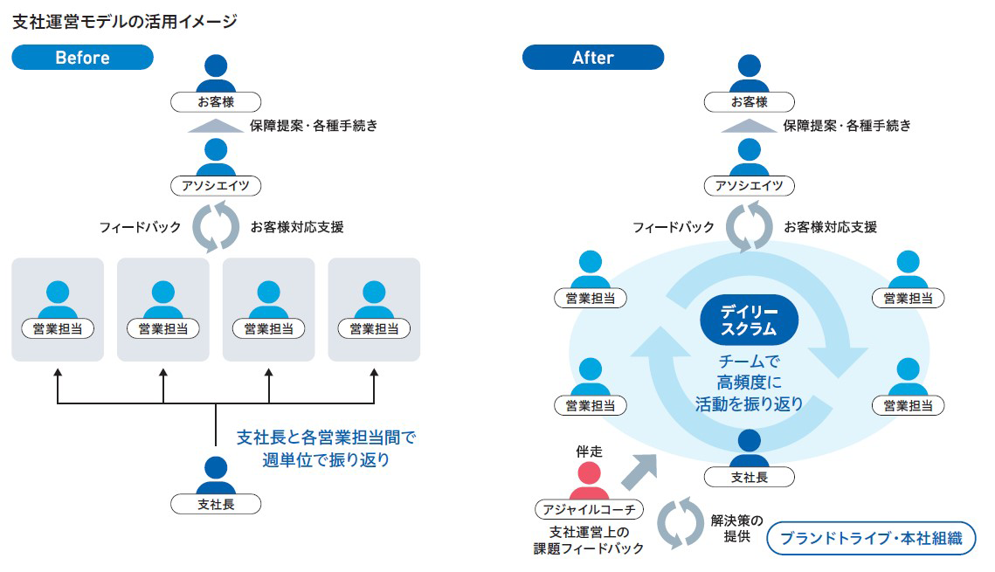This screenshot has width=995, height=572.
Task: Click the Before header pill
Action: pyautogui.click(x=82, y=58)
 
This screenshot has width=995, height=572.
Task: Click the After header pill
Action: pyautogui.click(x=592, y=58)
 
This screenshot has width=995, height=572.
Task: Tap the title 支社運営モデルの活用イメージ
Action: pyautogui.click(x=125, y=21)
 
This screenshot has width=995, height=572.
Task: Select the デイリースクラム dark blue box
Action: pyautogui.click(x=749, y=320)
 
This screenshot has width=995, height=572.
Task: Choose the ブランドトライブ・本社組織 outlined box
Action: pyautogui.click(x=870, y=538)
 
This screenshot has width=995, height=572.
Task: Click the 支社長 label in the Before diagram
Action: pyautogui.click(x=216, y=504)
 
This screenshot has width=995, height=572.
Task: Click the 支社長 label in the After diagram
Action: pyautogui.click(x=749, y=477)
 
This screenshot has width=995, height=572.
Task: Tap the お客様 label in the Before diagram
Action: pyautogui.click(x=216, y=101)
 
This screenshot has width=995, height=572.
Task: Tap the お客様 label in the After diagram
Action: pyautogui.click(x=749, y=101)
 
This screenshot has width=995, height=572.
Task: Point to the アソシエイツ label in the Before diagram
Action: pyautogui.click(x=216, y=185)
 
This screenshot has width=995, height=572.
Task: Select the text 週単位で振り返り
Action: pyautogui.click(x=326, y=459)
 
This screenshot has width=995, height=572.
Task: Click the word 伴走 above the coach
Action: pyautogui.click(x=590, y=451)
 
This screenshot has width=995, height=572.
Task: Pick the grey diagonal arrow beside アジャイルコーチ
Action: pyautogui.click(x=641, y=472)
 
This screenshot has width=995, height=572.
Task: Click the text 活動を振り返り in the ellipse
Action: pyautogui.click(x=749, y=404)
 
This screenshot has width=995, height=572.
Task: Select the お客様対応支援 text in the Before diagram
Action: pyautogui.click(x=297, y=227)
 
